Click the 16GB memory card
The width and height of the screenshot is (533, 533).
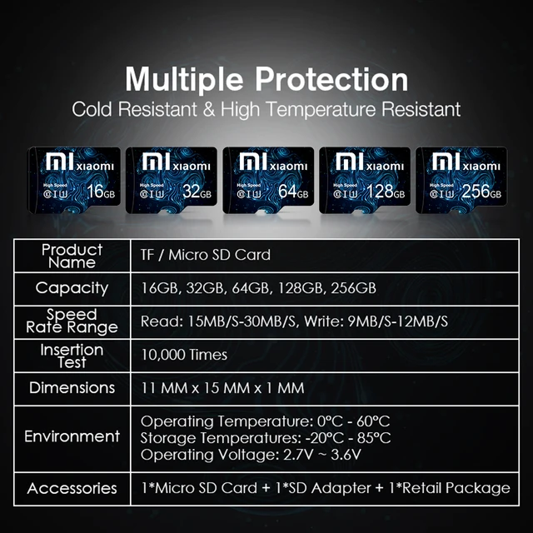point(73,178)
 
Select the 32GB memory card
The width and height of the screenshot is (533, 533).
point(171,178)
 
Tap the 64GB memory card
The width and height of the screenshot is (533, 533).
point(267,178)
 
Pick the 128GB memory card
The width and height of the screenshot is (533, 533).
point(365,178)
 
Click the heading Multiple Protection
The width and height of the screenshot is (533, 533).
point(266,80)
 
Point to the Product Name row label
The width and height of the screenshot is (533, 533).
point(72,256)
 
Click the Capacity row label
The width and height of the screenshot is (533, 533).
point(72,288)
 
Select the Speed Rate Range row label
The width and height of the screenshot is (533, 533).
point(72,321)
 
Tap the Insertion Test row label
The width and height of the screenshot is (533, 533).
point(72,356)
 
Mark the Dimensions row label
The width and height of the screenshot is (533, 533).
point(72,388)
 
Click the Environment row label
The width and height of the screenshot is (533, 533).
point(72,436)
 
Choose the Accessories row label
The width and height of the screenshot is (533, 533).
point(72,488)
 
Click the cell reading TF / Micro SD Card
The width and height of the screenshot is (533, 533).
point(205,255)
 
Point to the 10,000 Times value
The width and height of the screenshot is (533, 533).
point(183,355)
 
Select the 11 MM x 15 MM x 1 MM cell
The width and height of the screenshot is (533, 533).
point(222,388)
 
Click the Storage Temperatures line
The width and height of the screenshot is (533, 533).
point(266,437)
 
